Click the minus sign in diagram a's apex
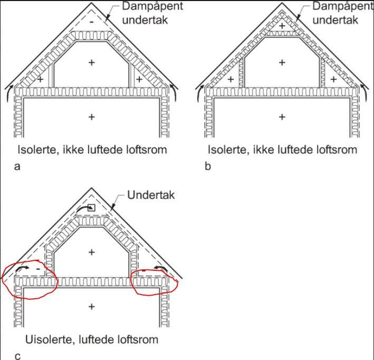pos(92,22)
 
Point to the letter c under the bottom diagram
pos(17,355)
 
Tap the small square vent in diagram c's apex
pos(92,207)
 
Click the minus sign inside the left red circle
pos(39,269)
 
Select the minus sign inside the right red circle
pos(144,270)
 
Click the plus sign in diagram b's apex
pos(282,25)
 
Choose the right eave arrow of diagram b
pos(363,93)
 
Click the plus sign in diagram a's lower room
pos(92,117)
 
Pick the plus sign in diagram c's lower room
pos(92,306)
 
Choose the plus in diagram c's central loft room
pos(92,253)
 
